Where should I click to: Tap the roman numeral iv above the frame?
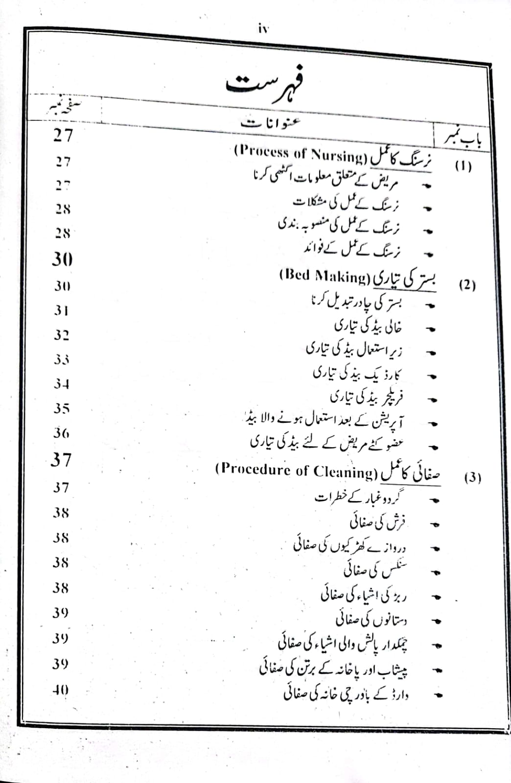coord(263,29)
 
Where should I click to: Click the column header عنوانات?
coord(271,123)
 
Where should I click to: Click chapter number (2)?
coord(467,285)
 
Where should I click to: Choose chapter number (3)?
coord(472,478)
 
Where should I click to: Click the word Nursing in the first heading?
coord(338,156)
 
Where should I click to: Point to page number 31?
coord(61,310)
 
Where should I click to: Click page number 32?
coord(61,335)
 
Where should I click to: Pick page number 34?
coord(61,384)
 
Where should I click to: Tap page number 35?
coord(61,408)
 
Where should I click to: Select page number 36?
coord(61,433)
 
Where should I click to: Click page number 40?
coord(61,690)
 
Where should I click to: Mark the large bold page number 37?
coord(61,460)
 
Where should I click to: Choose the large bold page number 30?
coord(62,259)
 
